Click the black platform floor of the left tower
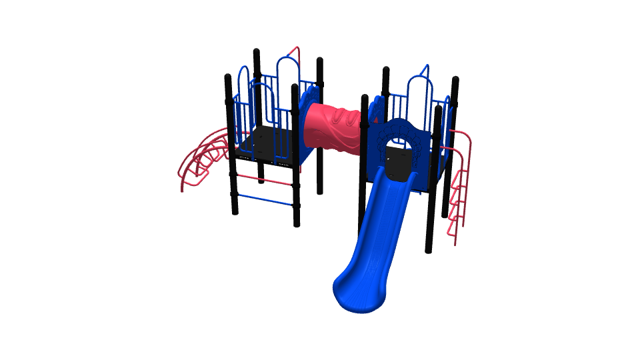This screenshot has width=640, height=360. [267, 143]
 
